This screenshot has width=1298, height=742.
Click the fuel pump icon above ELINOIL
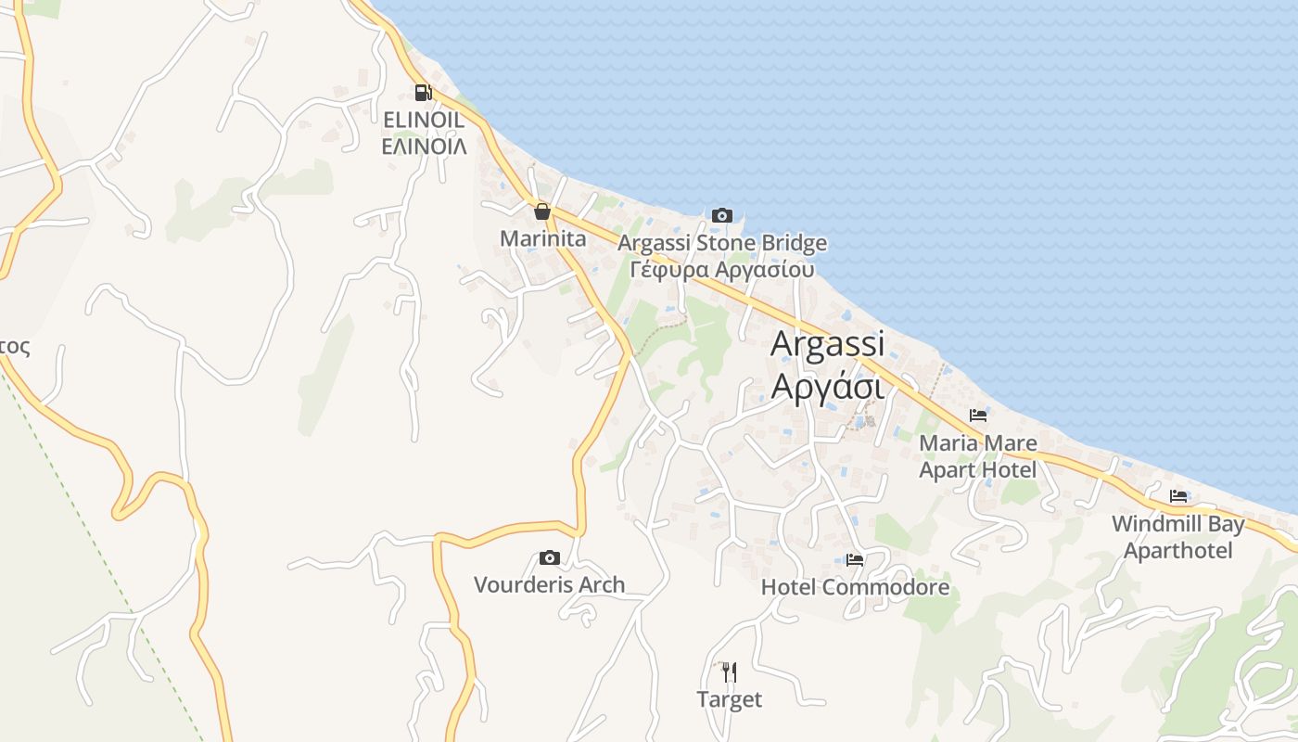[x=423, y=92]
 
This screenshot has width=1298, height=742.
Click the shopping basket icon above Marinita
[x=542, y=212]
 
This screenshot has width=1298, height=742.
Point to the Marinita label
[x=543, y=238]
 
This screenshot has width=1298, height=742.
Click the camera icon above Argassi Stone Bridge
[x=721, y=216]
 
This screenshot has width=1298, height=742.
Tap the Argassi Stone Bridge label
[x=722, y=243]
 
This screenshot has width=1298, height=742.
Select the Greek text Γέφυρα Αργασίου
[x=722, y=270]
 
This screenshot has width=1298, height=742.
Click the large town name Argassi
[x=828, y=343]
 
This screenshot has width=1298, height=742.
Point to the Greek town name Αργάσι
[x=828, y=385]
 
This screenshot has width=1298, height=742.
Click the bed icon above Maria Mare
[x=978, y=416]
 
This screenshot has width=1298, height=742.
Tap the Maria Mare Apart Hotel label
[x=978, y=456]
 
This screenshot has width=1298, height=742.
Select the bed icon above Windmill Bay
[x=1178, y=496]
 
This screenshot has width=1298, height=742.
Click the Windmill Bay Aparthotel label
[x=1178, y=537]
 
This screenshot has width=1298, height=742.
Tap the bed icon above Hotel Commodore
[x=855, y=560]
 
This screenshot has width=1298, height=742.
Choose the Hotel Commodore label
[x=855, y=587]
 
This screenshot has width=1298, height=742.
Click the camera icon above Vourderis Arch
[x=550, y=557]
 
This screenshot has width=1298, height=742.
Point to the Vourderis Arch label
[x=550, y=584]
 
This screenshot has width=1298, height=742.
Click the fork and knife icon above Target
[x=730, y=672]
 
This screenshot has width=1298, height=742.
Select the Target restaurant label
[x=730, y=699]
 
